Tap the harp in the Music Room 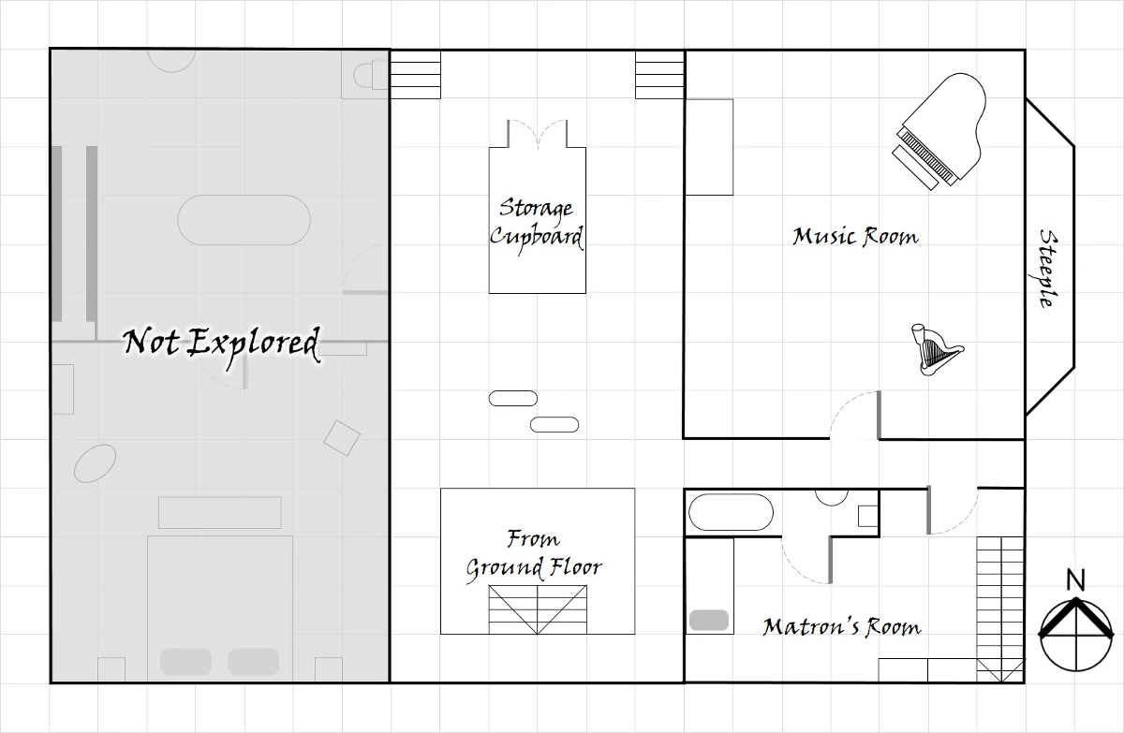936,350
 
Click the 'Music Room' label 855,237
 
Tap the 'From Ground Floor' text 533,554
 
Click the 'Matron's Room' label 842,626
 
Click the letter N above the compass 1075,580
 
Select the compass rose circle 1076,636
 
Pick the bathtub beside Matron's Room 731,512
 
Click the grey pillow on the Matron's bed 708,620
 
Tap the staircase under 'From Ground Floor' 538,609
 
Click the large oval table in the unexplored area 244,220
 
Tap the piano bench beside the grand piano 915,168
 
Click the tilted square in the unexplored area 342,438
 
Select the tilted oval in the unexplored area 96,463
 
